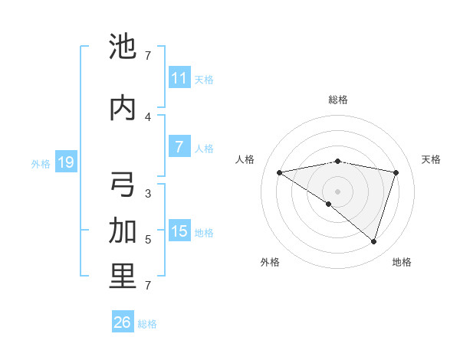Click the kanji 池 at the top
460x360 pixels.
pyautogui.click(x=123, y=47)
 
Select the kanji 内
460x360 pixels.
pyautogui.click(x=123, y=109)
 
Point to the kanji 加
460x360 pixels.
pyautogui.click(x=123, y=231)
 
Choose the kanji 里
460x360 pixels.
pyautogui.click(x=123, y=277)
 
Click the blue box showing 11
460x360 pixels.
pyautogui.click(x=179, y=78)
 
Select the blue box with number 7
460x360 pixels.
pyautogui.click(x=179, y=147)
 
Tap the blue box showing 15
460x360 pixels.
pyautogui.click(x=179, y=231)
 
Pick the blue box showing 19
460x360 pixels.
pyautogui.click(x=65, y=162)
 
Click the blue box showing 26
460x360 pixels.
pyautogui.click(x=123, y=322)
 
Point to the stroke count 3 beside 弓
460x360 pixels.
pyautogui.click(x=148, y=194)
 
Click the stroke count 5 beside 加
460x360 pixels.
pyautogui.click(x=148, y=240)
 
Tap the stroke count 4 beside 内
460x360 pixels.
pyautogui.click(x=148, y=117)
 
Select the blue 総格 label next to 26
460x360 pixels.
pyautogui.click(x=147, y=324)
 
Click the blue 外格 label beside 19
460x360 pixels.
pyautogui.click(x=40, y=163)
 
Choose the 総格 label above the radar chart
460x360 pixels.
pyautogui.click(x=337, y=100)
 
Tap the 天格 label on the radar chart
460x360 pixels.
pyautogui.click(x=431, y=159)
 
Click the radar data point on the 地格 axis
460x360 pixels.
pyautogui.click(x=373, y=241)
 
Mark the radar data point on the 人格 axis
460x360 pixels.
pyautogui.click(x=279, y=172)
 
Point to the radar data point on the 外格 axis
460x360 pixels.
pyautogui.click(x=329, y=204)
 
